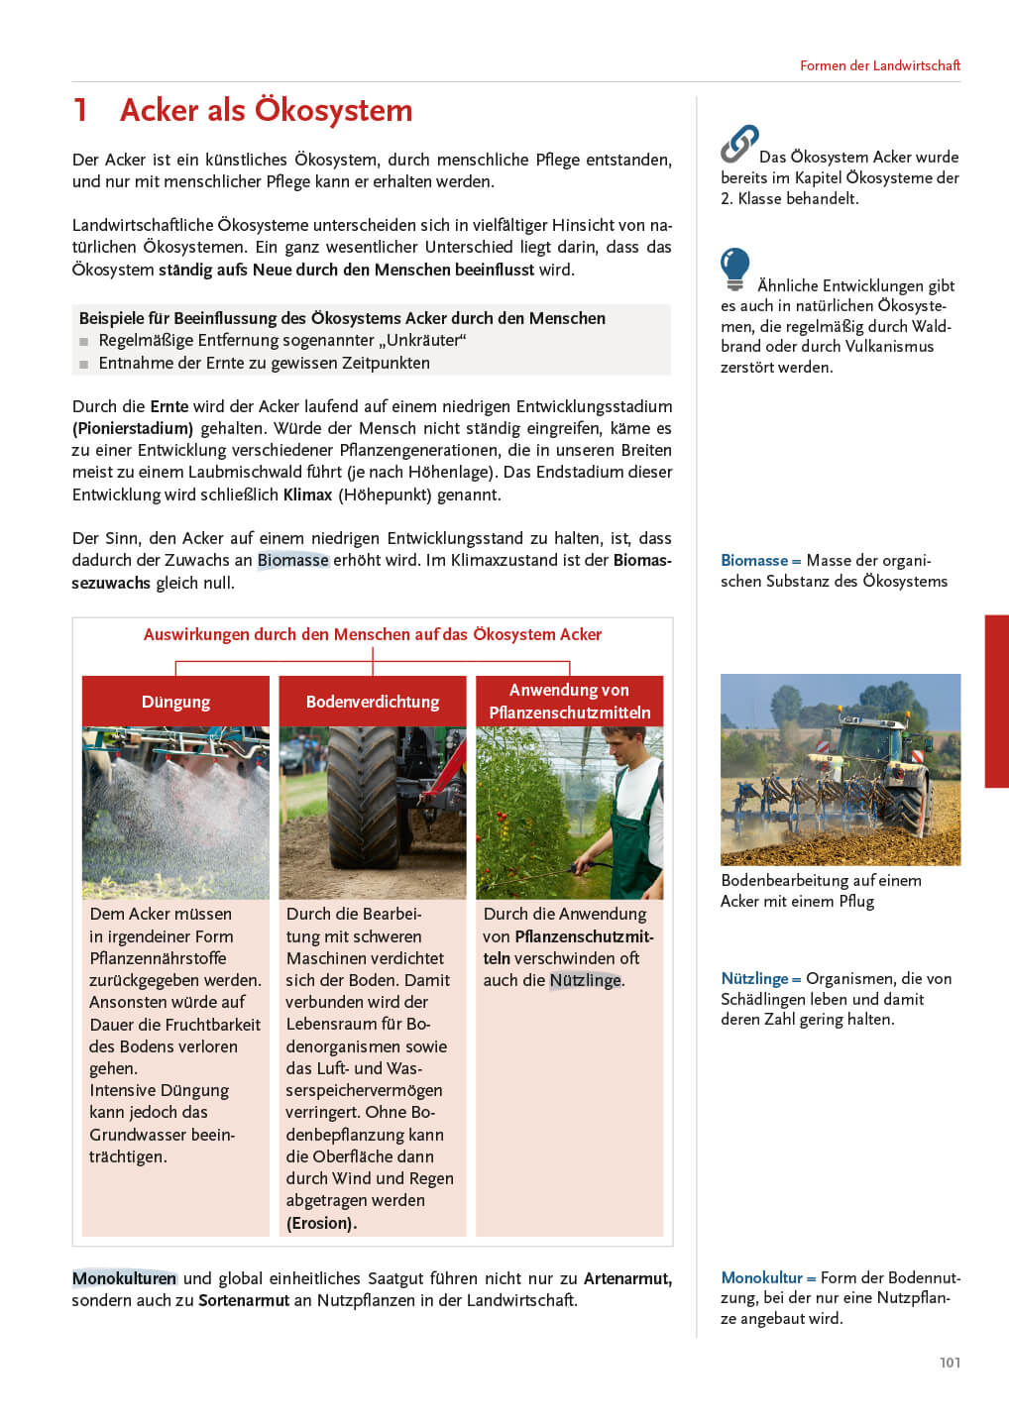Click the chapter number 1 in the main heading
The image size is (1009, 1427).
coord(80,110)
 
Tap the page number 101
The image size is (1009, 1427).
coord(950,1363)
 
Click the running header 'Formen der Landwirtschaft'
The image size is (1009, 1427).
coord(879,65)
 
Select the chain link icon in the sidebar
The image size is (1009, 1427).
coord(739,144)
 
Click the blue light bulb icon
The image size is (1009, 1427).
coord(734,268)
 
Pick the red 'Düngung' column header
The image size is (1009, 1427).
coord(175,702)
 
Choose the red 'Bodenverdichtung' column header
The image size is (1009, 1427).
coord(373,702)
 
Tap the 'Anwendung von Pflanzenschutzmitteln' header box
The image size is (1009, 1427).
coord(570,702)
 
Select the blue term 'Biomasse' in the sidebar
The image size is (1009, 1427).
coord(754,561)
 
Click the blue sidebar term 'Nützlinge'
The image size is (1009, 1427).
coord(754,979)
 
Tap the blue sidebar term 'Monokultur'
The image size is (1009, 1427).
coord(761,1278)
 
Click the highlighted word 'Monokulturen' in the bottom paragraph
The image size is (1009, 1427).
coord(124,1278)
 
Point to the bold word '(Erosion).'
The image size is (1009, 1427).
coord(321,1223)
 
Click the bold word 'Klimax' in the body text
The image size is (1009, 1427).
coord(307,494)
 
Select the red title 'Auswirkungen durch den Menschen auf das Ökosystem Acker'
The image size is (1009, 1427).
coord(373,634)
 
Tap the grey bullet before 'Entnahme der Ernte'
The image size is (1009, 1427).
coord(84,364)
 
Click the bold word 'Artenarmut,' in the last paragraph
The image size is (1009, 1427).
coord(627,1278)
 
